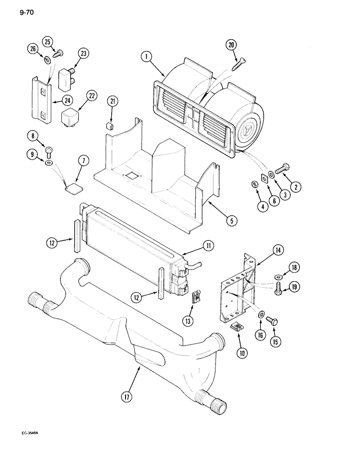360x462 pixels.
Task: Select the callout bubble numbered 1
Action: coord(146,57)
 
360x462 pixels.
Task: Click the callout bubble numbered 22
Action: coord(91,96)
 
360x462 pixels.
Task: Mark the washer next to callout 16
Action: coord(262,315)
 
